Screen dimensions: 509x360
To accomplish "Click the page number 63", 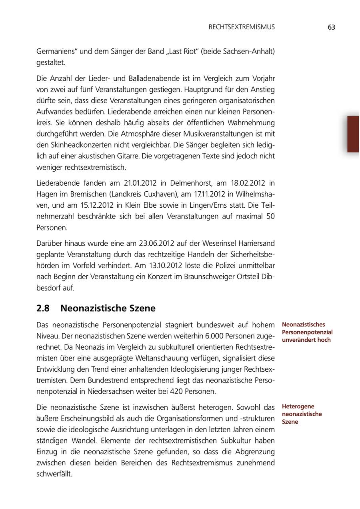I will coord(331,27).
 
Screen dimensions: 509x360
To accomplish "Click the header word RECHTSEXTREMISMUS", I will coord(242,27).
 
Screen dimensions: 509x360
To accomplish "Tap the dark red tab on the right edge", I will coord(353,134).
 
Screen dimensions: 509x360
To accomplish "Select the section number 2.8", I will coord(43,309).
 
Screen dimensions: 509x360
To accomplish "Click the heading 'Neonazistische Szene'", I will coord(108,309).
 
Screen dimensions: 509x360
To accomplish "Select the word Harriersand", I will coord(254,243).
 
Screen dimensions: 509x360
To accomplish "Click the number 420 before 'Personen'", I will coord(179,391).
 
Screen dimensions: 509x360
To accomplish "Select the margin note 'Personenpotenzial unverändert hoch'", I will coord(307,336).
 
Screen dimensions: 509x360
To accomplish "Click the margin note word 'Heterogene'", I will coord(298,407).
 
